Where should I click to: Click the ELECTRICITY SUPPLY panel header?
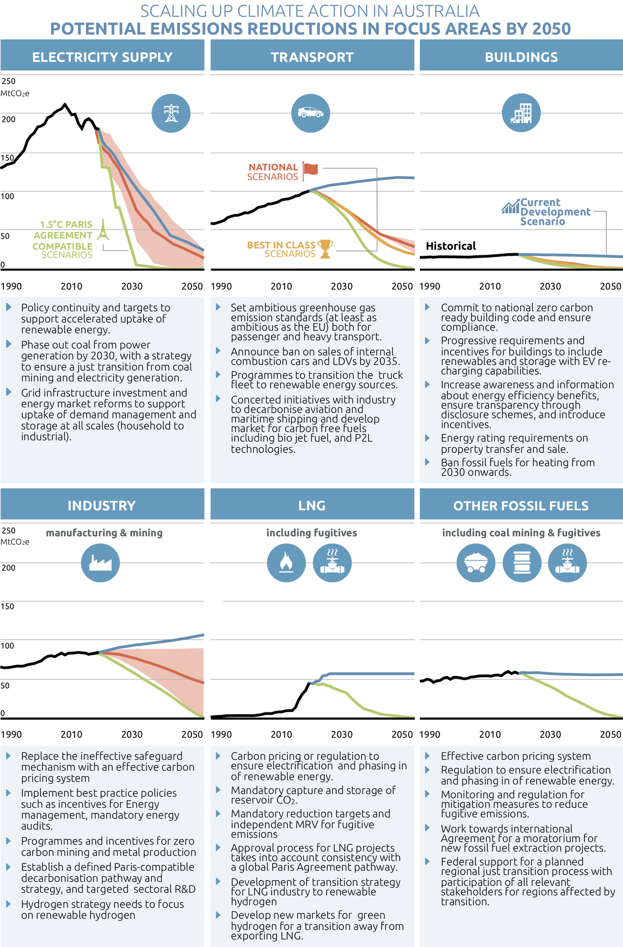tap(102, 57)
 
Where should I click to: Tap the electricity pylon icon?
tap(171, 113)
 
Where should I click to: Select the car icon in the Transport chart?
tap(310, 113)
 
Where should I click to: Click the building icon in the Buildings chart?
tap(521, 113)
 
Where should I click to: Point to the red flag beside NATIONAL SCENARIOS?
tap(310, 169)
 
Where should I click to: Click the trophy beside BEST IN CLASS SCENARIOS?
tap(326, 249)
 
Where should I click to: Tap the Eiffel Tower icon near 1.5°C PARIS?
tap(103, 230)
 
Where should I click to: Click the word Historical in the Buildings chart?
tap(451, 246)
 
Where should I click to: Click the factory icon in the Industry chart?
tap(100, 562)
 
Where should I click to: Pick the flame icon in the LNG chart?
tap(286, 562)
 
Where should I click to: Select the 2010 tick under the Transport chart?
tap(281, 286)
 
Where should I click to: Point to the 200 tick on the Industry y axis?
tap(8, 567)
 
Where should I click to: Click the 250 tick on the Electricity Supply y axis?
tap(8, 81)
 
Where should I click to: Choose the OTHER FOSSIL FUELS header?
tap(521, 505)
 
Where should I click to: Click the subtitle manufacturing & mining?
tap(104, 532)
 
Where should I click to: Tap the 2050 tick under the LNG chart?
tap(402, 734)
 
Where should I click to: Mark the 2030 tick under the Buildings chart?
tap(550, 286)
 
